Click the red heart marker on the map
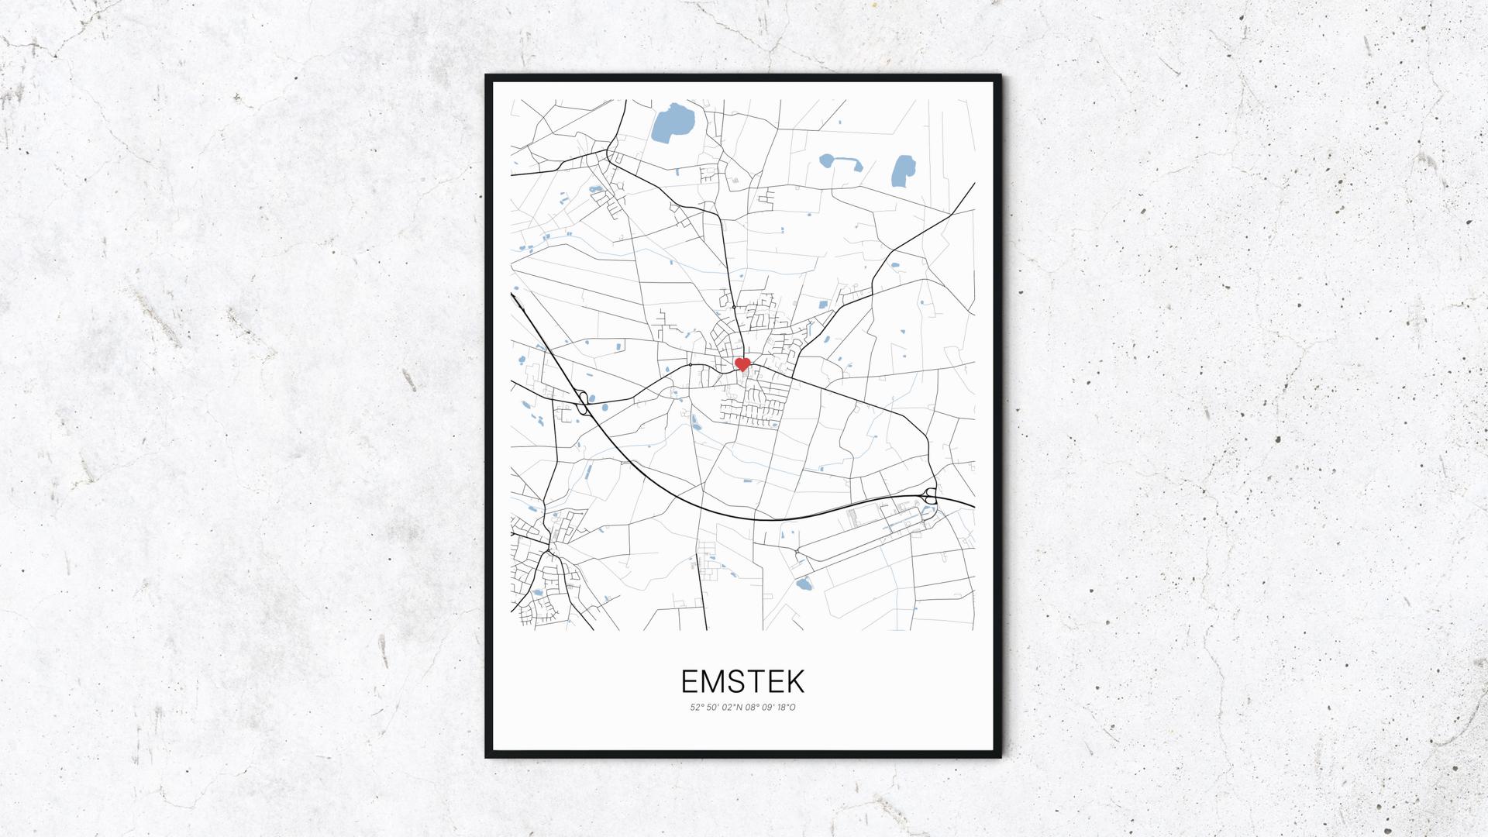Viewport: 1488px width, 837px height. tap(742, 363)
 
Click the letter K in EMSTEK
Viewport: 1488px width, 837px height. tap(794, 681)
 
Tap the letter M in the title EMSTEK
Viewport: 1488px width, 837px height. tap(718, 681)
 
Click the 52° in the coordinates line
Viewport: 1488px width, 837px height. tap(695, 707)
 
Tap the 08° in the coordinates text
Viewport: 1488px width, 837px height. tap(753, 707)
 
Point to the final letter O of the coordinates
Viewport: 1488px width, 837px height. tap(793, 707)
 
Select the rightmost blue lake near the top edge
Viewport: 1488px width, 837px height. tap(902, 171)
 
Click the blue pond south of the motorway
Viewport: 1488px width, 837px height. tap(803, 584)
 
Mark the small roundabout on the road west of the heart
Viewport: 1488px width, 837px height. tap(690, 364)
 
